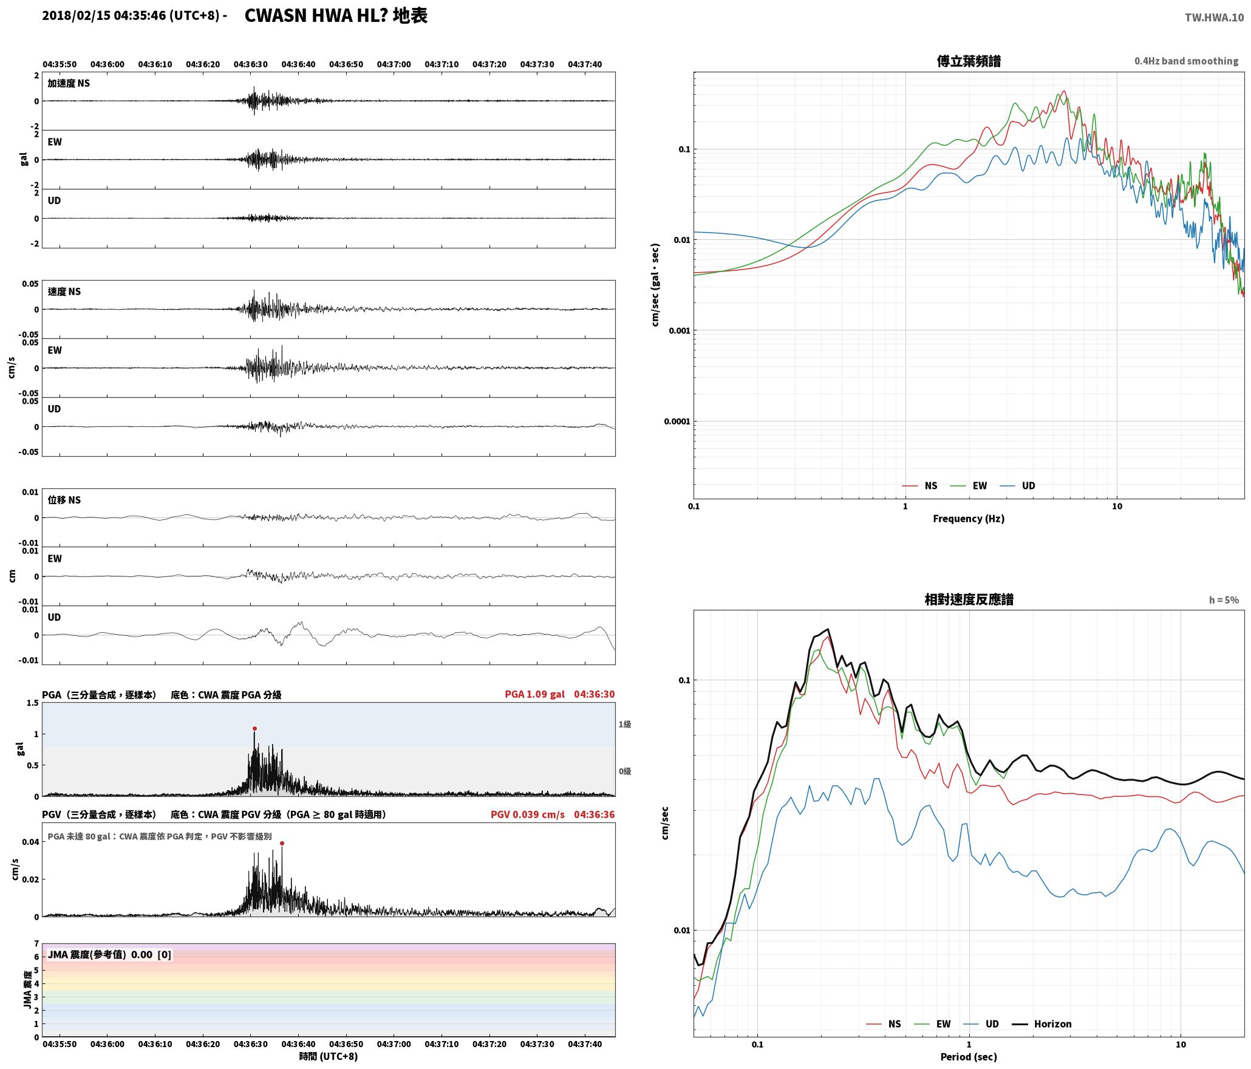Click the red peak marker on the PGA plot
tap(254, 728)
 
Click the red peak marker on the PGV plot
tap(282, 843)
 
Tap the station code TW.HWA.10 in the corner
tap(1214, 18)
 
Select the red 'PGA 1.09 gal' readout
tap(534, 694)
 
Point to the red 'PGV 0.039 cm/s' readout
tap(527, 815)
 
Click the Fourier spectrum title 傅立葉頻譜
tap(969, 61)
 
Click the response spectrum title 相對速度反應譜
tap(969, 599)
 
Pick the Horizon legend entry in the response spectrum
tap(1042, 1024)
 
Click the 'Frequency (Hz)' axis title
tap(969, 519)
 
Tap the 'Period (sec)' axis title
tap(969, 1057)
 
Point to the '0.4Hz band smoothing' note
tap(1186, 61)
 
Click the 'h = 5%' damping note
tap(1224, 600)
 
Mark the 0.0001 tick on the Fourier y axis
tap(677, 422)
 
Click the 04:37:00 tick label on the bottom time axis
tap(394, 1044)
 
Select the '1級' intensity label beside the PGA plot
tap(625, 725)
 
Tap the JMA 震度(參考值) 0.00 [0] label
tap(109, 955)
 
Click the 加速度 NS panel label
tap(69, 84)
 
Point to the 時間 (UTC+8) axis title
tap(329, 1056)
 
